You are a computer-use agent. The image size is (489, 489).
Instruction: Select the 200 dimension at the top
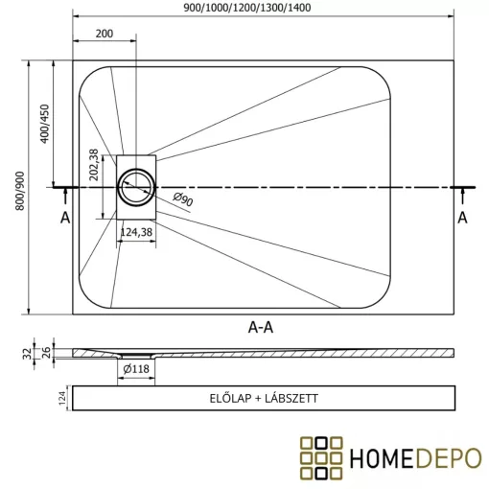tap(105, 34)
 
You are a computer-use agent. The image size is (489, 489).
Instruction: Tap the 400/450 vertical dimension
tap(43, 124)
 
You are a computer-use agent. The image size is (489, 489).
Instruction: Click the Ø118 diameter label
tap(135, 367)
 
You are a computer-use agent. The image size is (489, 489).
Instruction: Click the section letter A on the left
tap(65, 218)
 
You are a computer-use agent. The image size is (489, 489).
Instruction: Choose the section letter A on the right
tap(462, 218)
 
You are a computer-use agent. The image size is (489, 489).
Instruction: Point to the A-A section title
tap(262, 326)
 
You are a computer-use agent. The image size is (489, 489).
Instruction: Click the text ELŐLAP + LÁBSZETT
tap(262, 398)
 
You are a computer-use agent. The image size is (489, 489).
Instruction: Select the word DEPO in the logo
tap(449, 456)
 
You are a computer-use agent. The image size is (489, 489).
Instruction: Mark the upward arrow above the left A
tap(65, 196)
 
